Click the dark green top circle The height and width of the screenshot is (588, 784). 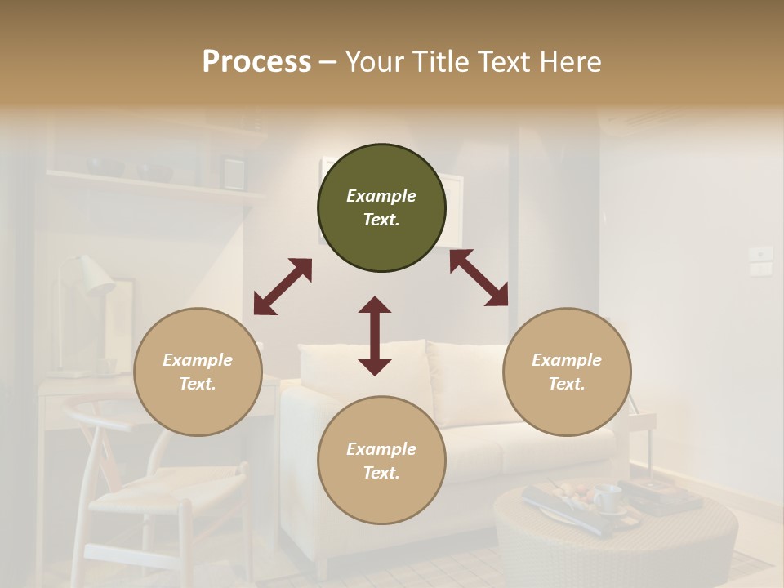[381, 208]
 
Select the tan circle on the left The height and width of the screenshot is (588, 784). [198, 372]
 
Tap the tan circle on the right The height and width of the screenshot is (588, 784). [567, 372]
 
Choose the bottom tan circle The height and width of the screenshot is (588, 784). [381, 461]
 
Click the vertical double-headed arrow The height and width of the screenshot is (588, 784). [375, 336]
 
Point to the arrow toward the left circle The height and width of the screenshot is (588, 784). [283, 287]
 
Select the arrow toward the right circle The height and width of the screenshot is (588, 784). [479, 278]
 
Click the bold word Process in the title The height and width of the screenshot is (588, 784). [256, 62]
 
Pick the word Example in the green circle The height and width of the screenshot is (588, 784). [381, 196]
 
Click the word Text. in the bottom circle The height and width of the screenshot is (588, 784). [381, 473]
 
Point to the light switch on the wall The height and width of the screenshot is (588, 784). [761, 261]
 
